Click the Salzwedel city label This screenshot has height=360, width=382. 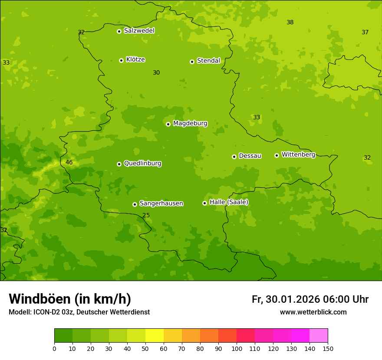click(x=139, y=31)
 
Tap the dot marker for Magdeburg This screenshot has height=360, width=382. click(x=168, y=124)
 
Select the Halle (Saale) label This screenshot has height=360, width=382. click(x=229, y=202)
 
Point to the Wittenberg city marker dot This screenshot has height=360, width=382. click(x=277, y=155)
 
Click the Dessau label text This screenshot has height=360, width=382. click(x=250, y=156)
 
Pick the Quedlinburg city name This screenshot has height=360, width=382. click(x=142, y=164)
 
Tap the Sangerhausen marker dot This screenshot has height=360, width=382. click(x=135, y=204)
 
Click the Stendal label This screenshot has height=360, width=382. click(x=208, y=61)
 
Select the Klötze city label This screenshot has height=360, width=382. click(x=135, y=60)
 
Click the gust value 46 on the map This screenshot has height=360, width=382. click(x=69, y=163)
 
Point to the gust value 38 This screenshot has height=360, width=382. click(x=290, y=23)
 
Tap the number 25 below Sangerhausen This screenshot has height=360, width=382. click(x=146, y=216)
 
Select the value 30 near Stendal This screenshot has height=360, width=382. click(x=156, y=73)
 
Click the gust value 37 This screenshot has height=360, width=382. click(x=365, y=33)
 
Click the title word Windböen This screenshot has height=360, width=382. click(x=40, y=299)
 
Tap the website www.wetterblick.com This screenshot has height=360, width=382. click(x=313, y=312)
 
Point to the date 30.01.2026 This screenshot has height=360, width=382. click(x=293, y=299)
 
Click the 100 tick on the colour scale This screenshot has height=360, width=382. click(x=237, y=348)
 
